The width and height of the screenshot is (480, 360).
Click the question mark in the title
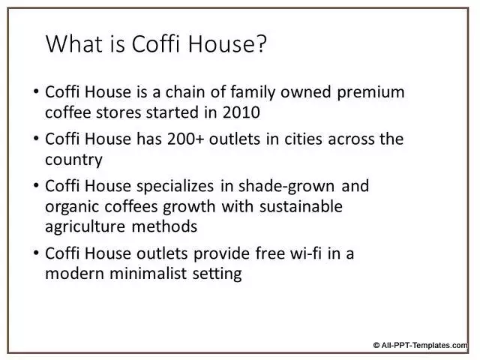click(261, 44)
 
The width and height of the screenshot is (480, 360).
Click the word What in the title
click(74, 44)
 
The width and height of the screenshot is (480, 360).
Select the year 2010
click(241, 112)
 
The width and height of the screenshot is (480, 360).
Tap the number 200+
click(185, 139)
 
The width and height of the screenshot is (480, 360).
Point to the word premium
click(370, 92)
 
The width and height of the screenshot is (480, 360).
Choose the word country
click(73, 160)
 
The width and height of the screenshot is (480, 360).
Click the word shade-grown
click(286, 187)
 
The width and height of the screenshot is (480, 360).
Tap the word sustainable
click(301, 206)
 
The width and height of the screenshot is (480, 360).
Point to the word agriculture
click(85, 227)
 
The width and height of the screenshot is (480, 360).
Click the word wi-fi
click(306, 253)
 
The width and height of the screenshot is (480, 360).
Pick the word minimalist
click(148, 273)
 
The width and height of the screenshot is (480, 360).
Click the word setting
click(217, 274)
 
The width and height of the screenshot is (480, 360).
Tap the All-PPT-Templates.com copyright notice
click(420, 345)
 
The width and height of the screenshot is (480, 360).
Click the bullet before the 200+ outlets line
click(36, 139)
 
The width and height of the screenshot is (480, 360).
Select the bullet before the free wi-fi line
click(36, 253)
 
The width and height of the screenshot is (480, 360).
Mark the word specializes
click(175, 187)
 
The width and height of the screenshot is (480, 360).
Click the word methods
click(164, 226)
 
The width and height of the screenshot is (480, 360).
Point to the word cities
click(303, 139)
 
